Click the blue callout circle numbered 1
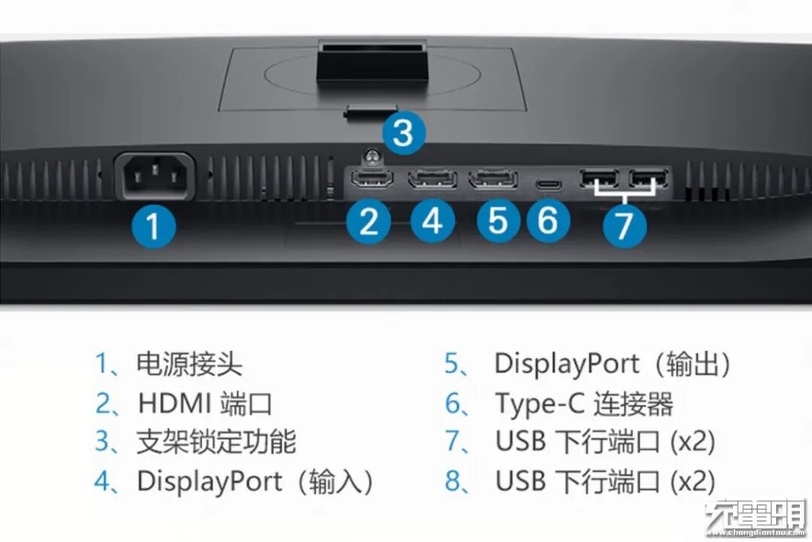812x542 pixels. pos(153,226)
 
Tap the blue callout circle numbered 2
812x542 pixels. pos(368,222)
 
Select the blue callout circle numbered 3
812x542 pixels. pos(404,132)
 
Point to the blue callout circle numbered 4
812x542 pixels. pos(433,221)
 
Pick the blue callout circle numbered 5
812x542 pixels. pos(498,221)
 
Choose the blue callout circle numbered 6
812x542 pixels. pos(548,221)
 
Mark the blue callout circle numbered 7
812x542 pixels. pos(625,225)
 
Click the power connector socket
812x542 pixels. pos(154,176)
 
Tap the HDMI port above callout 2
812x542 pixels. pos(372,178)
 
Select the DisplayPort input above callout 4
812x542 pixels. pos(433,179)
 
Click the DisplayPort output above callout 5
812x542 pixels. pos(493,179)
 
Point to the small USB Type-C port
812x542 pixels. pos(548,184)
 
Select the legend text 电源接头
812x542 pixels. pos(189,364)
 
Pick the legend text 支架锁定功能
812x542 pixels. pos(216,442)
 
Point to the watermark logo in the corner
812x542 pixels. pos(756,517)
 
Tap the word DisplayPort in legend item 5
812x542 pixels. pos(567,364)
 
